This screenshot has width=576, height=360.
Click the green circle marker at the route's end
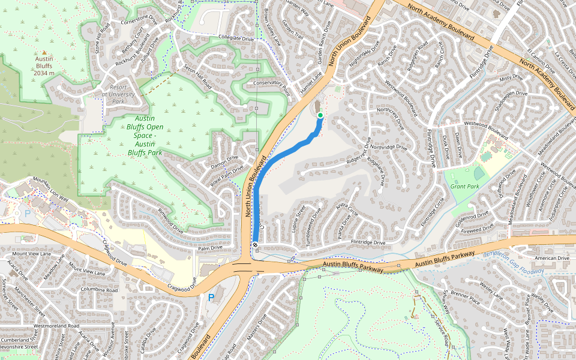320,115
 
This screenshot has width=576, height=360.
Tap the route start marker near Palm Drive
256,245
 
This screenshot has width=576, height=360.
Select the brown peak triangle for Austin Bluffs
44,52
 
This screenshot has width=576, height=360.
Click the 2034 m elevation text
44,73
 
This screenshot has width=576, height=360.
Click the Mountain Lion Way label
50,190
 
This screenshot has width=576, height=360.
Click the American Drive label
551,258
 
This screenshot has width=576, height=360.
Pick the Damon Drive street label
224,162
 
